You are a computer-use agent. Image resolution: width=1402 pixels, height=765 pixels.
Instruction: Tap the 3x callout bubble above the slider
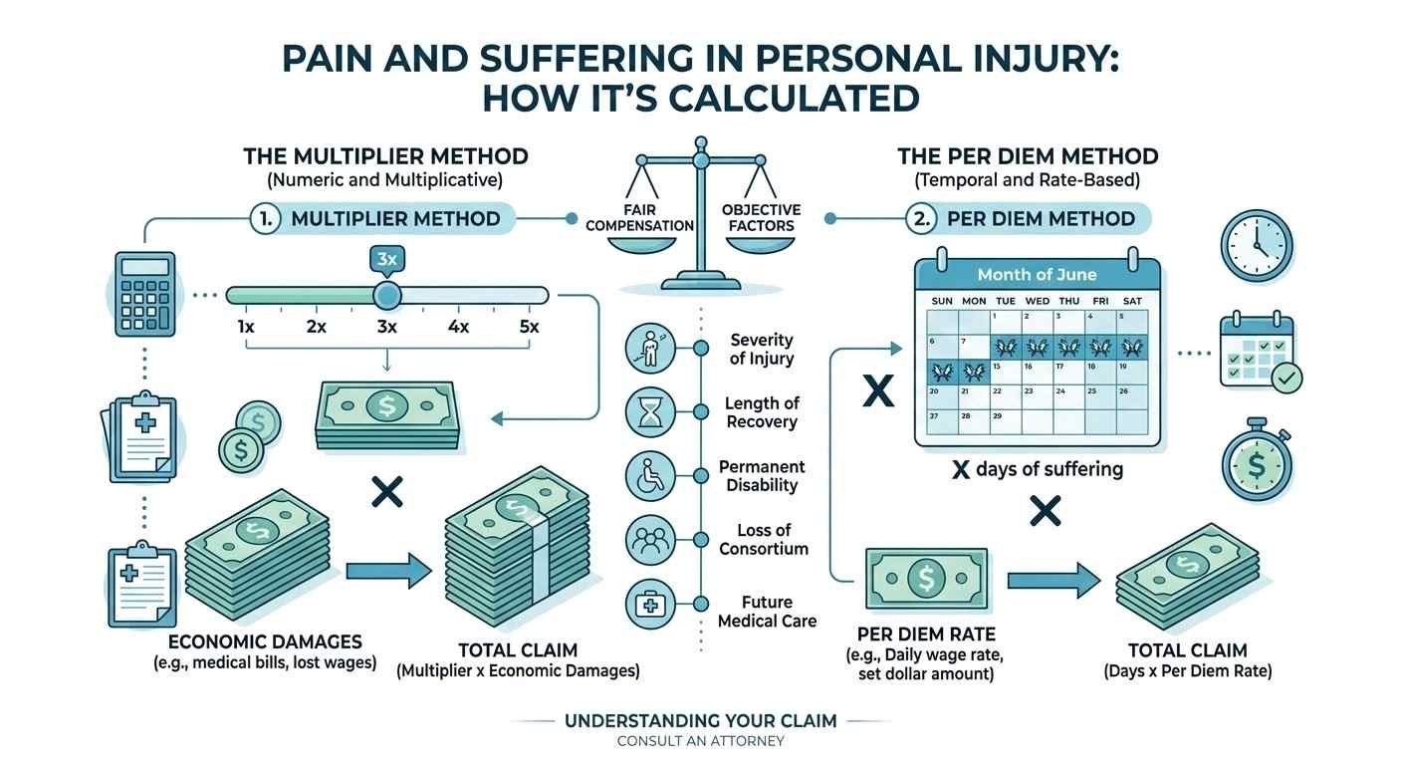click(x=386, y=260)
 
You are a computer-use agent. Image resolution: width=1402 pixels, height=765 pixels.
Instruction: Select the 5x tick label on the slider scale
click(x=529, y=327)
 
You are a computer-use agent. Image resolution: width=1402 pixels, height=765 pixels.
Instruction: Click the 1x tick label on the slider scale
click(x=245, y=327)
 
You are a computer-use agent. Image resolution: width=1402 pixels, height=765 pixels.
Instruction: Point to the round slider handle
click(x=386, y=295)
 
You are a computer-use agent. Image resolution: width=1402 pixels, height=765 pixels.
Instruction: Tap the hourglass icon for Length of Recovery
click(x=650, y=412)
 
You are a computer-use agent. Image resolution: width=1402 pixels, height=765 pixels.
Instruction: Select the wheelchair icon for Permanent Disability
click(x=650, y=476)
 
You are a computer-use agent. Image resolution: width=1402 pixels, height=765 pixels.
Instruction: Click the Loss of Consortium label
click(x=764, y=539)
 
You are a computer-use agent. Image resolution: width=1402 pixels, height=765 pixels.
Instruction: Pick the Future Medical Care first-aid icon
click(x=650, y=603)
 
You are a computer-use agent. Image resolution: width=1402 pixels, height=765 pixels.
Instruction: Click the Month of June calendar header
click(x=1037, y=274)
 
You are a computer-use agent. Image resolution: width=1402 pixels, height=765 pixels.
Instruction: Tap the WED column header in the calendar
click(x=1037, y=300)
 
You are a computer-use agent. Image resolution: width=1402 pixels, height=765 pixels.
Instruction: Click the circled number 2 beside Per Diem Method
click(x=921, y=219)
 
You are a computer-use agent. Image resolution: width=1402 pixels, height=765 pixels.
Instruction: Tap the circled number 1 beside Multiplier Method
click(x=264, y=219)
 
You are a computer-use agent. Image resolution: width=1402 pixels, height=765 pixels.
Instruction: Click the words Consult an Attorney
click(x=700, y=741)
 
